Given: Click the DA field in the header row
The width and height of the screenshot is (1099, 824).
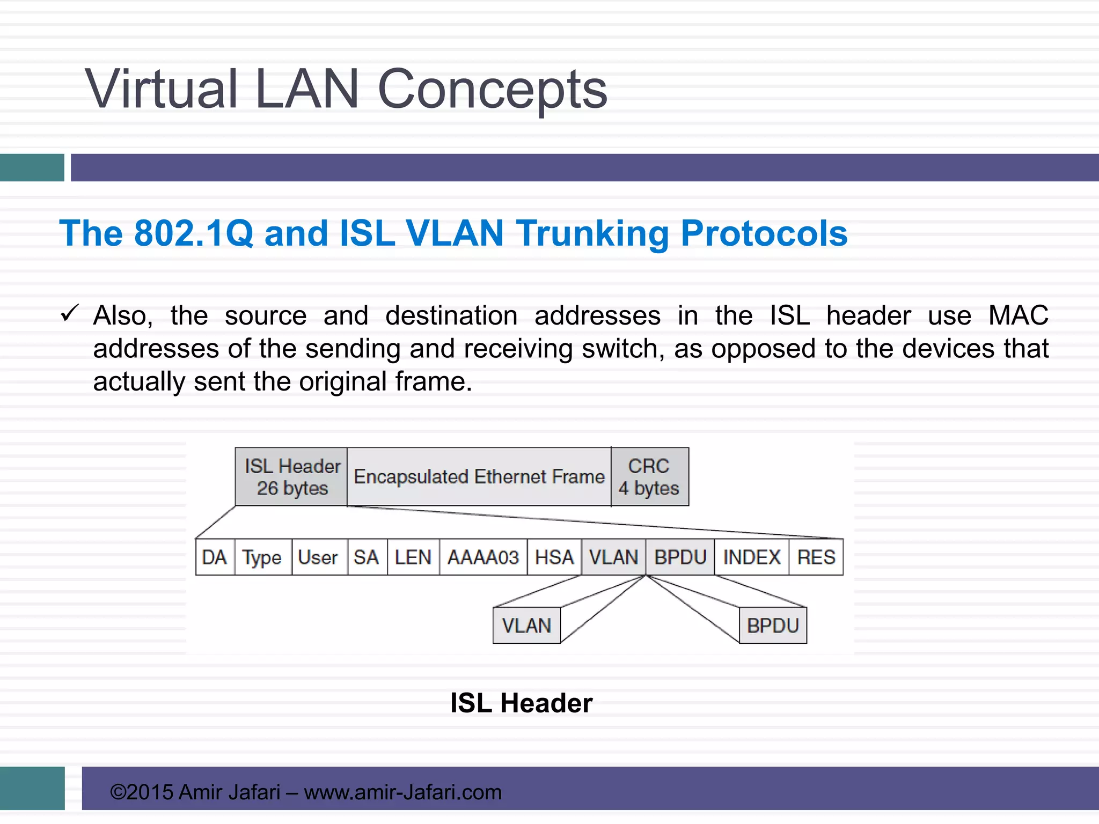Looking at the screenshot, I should click(x=215, y=557).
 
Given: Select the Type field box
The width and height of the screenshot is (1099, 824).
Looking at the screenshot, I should click(x=262, y=557).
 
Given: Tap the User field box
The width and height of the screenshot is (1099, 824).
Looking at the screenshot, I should click(x=319, y=557).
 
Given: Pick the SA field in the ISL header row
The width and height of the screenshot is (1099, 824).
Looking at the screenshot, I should click(x=367, y=557).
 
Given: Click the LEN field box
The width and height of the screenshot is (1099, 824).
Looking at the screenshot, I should click(x=413, y=557).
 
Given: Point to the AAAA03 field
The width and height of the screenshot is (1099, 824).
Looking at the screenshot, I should click(x=483, y=557).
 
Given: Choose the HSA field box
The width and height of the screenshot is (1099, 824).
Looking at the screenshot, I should click(x=554, y=557).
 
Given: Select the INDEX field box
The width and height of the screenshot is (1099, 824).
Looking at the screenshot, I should click(x=751, y=557).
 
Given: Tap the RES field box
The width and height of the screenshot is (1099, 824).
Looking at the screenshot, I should click(x=816, y=557).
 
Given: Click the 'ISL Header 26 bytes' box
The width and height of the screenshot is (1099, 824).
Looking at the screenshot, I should click(x=291, y=477).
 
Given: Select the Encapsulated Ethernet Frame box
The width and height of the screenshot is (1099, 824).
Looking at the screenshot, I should click(x=479, y=477).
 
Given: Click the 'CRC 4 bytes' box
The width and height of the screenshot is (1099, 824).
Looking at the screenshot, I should click(x=649, y=477).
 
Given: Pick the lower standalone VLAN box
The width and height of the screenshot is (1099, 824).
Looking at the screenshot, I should click(x=526, y=626).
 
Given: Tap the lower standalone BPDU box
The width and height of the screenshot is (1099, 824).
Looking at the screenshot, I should click(x=773, y=626).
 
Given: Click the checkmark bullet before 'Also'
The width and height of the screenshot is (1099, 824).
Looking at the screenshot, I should click(x=70, y=313).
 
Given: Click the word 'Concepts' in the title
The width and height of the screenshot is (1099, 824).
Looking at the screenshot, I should click(x=492, y=90).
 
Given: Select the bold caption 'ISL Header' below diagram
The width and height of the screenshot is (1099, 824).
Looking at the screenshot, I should click(x=521, y=703).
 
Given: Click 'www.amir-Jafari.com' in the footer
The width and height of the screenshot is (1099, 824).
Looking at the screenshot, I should click(x=402, y=792).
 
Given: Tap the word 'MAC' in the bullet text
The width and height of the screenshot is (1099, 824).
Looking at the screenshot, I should click(x=1018, y=315).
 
